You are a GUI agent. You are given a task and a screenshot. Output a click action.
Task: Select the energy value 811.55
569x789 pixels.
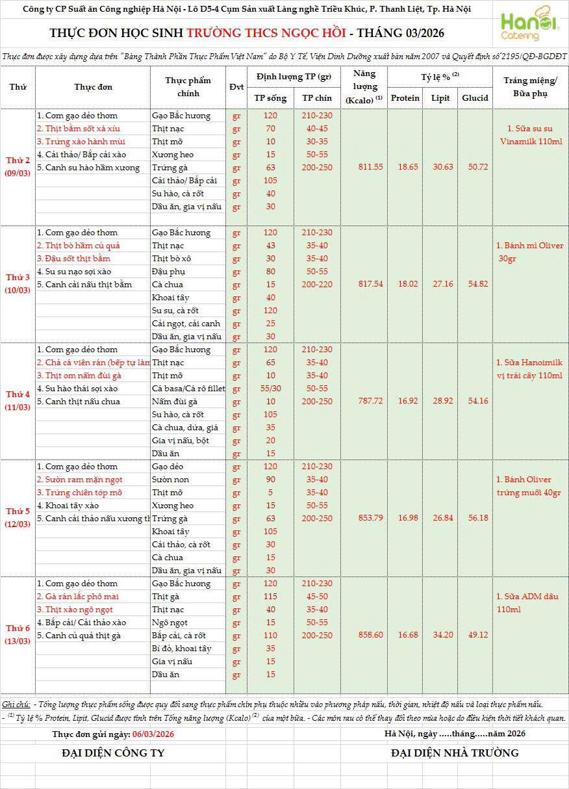click(x=370, y=167)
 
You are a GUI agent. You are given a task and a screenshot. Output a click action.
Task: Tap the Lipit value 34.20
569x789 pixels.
click(x=442, y=635)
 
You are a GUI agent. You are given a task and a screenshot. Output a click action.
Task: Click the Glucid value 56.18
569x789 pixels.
click(x=475, y=518)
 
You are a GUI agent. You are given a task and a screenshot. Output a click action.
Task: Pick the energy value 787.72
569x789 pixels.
click(x=370, y=401)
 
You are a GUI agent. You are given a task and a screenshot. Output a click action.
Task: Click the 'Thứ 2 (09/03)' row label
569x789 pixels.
click(x=18, y=167)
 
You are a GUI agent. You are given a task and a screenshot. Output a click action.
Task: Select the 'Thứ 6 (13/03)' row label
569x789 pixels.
click(x=18, y=635)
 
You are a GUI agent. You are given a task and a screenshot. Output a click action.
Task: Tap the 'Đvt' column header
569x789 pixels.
click(x=236, y=87)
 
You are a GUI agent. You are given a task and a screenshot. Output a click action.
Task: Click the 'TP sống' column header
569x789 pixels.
click(x=270, y=98)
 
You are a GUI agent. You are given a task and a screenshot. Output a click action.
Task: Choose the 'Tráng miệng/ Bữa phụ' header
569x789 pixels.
click(x=530, y=87)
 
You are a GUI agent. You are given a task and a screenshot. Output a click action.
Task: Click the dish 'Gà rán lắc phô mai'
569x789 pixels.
click(x=82, y=597)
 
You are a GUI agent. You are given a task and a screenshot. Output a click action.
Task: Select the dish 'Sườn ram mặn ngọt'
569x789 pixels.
click(x=79, y=480)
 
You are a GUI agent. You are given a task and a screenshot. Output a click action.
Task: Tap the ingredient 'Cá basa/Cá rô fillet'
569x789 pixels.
click(x=188, y=389)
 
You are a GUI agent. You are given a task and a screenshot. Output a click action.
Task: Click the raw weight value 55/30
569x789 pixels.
click(x=270, y=389)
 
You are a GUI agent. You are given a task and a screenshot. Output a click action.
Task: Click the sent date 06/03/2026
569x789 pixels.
click(x=153, y=734)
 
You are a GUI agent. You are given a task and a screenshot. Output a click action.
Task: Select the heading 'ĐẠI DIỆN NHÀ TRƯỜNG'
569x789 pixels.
click(x=455, y=753)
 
